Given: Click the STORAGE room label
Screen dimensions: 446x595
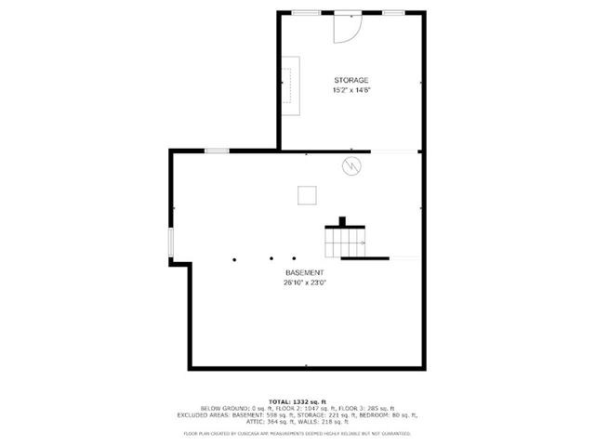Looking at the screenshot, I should point(350,81).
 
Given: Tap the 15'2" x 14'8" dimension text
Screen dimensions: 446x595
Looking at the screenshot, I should point(350,90).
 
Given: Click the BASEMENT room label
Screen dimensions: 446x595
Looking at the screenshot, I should point(304,272).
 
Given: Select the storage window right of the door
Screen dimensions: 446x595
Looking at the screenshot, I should point(394,13).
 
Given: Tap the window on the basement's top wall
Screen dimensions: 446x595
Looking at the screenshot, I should point(217,151).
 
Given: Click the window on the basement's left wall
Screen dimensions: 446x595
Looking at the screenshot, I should point(170,243).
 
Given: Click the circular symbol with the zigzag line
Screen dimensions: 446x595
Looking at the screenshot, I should point(352,165).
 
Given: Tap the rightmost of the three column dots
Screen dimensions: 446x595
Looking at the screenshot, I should point(293,258).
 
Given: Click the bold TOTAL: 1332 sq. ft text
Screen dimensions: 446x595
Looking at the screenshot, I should point(297,400).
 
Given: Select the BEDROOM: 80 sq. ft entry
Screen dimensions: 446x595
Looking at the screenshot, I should point(390,414).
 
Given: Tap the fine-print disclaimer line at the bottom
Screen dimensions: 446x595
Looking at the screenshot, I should point(297,434).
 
